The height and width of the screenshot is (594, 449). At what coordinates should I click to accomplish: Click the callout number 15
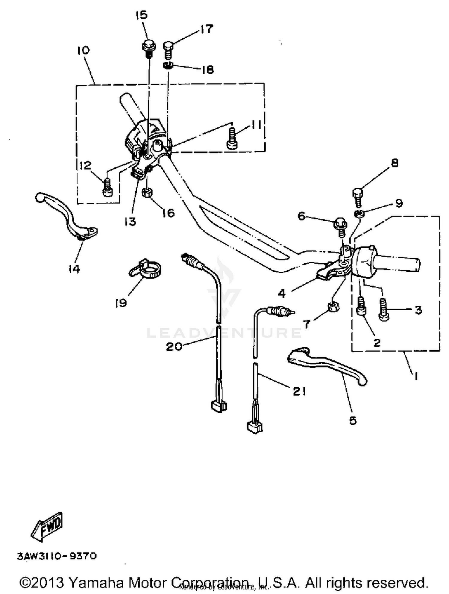[x=142, y=15]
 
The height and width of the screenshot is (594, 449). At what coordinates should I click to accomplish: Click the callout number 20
[x=174, y=347]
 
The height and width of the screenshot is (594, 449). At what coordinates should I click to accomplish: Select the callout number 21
[x=299, y=391]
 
